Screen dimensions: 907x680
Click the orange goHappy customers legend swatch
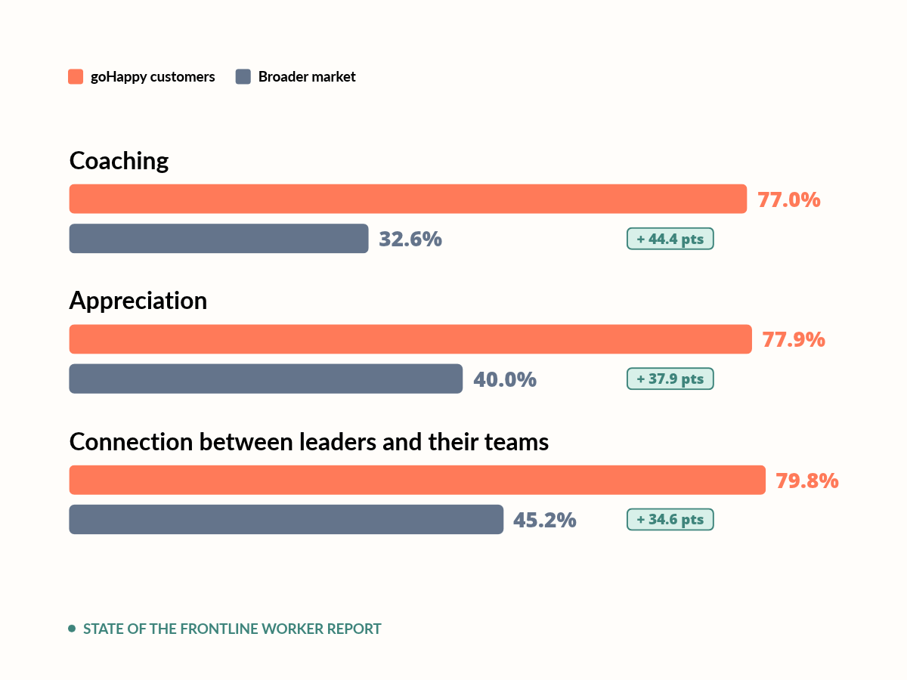76,77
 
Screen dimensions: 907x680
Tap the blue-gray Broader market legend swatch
243,77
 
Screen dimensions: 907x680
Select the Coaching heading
119,162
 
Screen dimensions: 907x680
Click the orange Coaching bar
408,199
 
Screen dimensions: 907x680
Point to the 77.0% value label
789,199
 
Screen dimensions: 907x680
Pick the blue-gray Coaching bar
218,239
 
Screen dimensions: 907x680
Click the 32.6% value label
410,239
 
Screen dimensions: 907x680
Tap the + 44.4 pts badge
670,239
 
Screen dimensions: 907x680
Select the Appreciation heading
138,301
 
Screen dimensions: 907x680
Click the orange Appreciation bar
410,339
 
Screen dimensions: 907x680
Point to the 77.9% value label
794,340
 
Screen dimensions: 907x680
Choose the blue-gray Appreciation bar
266,379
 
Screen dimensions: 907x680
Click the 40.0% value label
505,379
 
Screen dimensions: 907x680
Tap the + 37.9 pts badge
670,379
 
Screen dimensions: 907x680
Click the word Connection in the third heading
131,442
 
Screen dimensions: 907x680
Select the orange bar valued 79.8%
417,480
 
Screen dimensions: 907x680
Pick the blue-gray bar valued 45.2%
286,519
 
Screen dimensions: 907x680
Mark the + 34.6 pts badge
670,519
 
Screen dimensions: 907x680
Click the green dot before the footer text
72,629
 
